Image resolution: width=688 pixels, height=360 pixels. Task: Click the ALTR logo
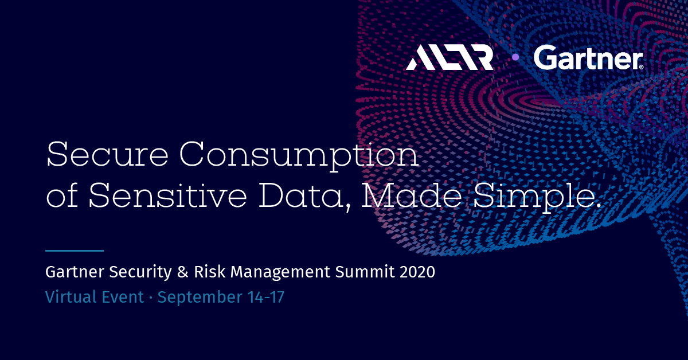coord(449,57)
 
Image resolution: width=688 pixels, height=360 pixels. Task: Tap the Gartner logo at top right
coord(588,57)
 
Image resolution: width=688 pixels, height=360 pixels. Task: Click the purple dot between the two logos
coord(515,57)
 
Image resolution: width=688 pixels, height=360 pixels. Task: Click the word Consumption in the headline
coord(299,156)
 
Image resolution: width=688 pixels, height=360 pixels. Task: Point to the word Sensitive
coord(167,195)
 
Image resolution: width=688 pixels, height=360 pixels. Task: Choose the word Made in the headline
coord(411,195)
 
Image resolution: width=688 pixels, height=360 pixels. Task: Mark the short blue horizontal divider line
coord(75,251)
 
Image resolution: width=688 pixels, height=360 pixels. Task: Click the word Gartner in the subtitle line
coord(75,272)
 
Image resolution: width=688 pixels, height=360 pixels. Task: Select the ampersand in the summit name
coord(182,272)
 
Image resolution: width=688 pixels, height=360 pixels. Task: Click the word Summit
coord(365,272)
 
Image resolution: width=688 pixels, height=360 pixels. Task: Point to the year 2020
coord(417,272)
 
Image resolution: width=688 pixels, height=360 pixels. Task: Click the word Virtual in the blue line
coord(71,297)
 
